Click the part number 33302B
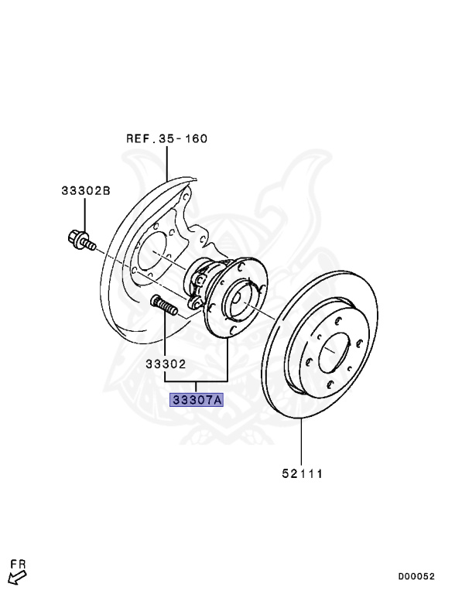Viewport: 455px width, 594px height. tap(86, 190)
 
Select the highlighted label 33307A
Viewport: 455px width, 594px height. tap(197, 400)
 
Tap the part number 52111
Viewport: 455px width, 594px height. tap(302, 473)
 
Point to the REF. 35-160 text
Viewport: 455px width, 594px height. tap(167, 138)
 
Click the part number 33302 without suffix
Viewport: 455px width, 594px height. tap(166, 364)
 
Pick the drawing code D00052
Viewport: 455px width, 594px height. tap(416, 576)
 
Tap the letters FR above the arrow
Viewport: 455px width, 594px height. tap(18, 565)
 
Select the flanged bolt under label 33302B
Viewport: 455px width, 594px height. tap(80, 241)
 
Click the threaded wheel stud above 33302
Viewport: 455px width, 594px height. tap(164, 306)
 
